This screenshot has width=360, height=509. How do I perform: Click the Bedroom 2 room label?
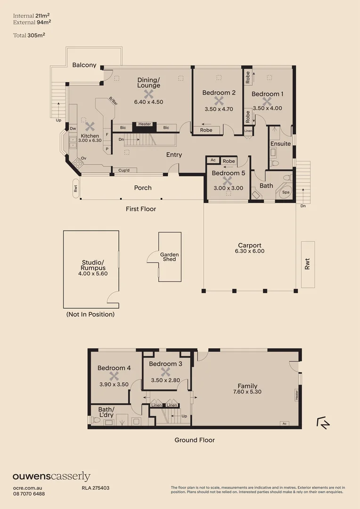219,93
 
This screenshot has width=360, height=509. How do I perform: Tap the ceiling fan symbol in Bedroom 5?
228,181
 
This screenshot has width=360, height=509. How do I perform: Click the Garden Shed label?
169,257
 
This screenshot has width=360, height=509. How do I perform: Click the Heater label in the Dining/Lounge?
145,124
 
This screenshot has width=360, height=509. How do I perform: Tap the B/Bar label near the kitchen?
113,100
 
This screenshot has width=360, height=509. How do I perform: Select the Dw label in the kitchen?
73,128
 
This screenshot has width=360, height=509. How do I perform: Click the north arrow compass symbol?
323,423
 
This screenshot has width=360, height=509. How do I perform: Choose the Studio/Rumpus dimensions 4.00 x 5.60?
92,273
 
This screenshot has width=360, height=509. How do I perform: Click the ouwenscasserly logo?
51,476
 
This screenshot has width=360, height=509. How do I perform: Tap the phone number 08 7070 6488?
29,493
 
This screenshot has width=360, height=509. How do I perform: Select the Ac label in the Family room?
284,423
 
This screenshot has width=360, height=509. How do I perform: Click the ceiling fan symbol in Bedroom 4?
114,376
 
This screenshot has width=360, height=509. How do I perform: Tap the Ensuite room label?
280,144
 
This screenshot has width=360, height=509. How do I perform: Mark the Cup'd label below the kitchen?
124,170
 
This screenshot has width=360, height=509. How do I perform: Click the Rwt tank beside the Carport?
308,264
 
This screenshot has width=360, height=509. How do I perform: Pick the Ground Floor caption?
195,440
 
